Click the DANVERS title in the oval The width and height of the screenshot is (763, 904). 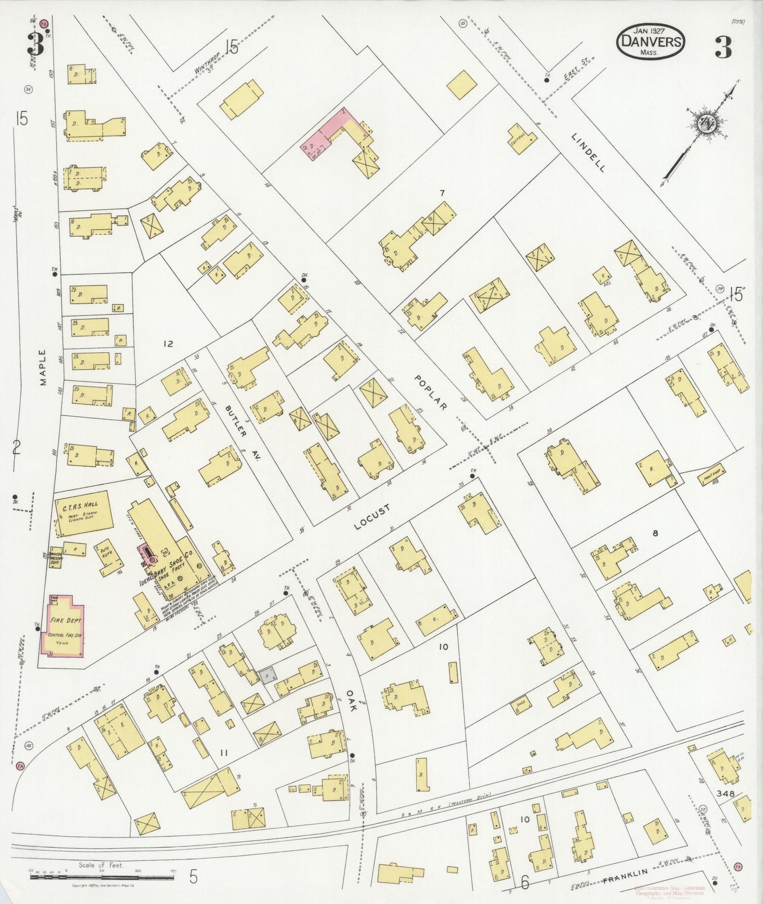click(651, 41)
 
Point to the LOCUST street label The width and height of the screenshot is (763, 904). click(373, 516)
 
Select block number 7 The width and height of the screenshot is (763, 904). click(442, 193)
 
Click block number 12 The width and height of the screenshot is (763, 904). click(168, 344)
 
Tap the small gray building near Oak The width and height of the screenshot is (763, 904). click(267, 676)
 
